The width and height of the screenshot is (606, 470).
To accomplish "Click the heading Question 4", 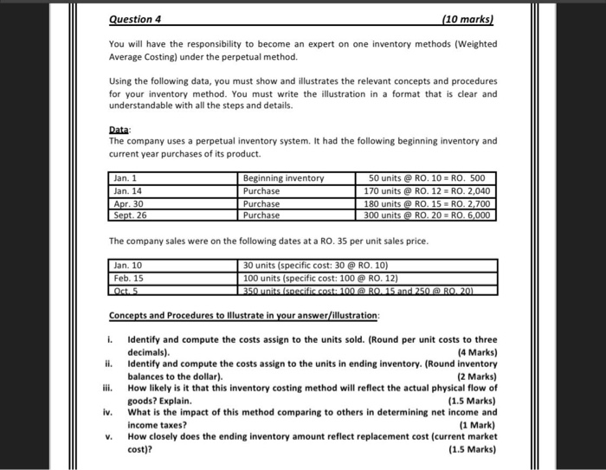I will pos(138,18).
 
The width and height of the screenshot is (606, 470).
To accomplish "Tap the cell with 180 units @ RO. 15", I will pos(428,203).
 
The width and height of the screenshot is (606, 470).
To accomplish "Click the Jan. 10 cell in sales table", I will pos(129,266).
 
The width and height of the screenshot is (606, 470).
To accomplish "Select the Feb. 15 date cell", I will pos(129,278).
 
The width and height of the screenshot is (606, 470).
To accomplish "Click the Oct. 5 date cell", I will pos(126,290).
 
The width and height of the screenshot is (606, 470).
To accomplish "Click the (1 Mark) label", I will pos(478,426).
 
